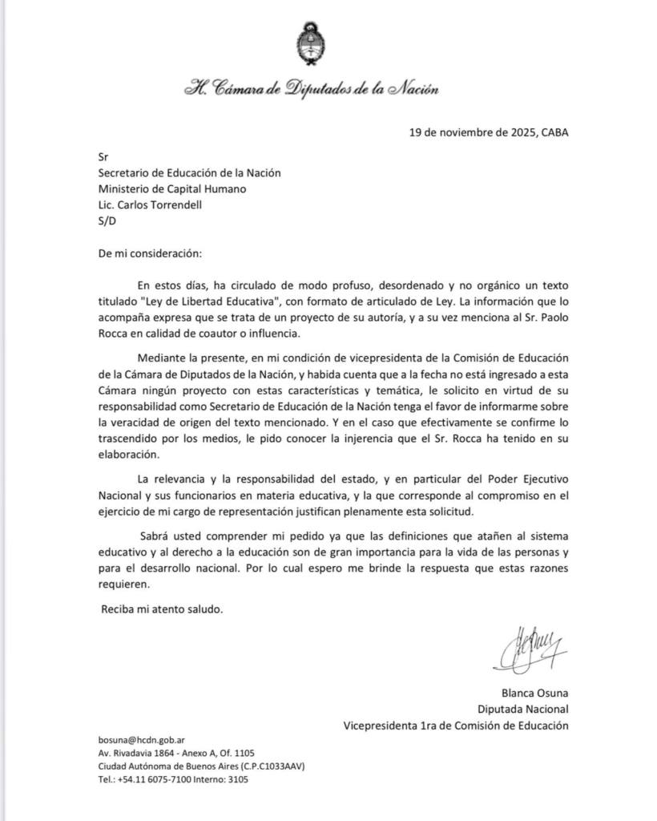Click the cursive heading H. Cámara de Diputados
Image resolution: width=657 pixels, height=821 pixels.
point(312,89)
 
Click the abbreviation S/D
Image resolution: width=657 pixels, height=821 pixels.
point(105,220)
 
